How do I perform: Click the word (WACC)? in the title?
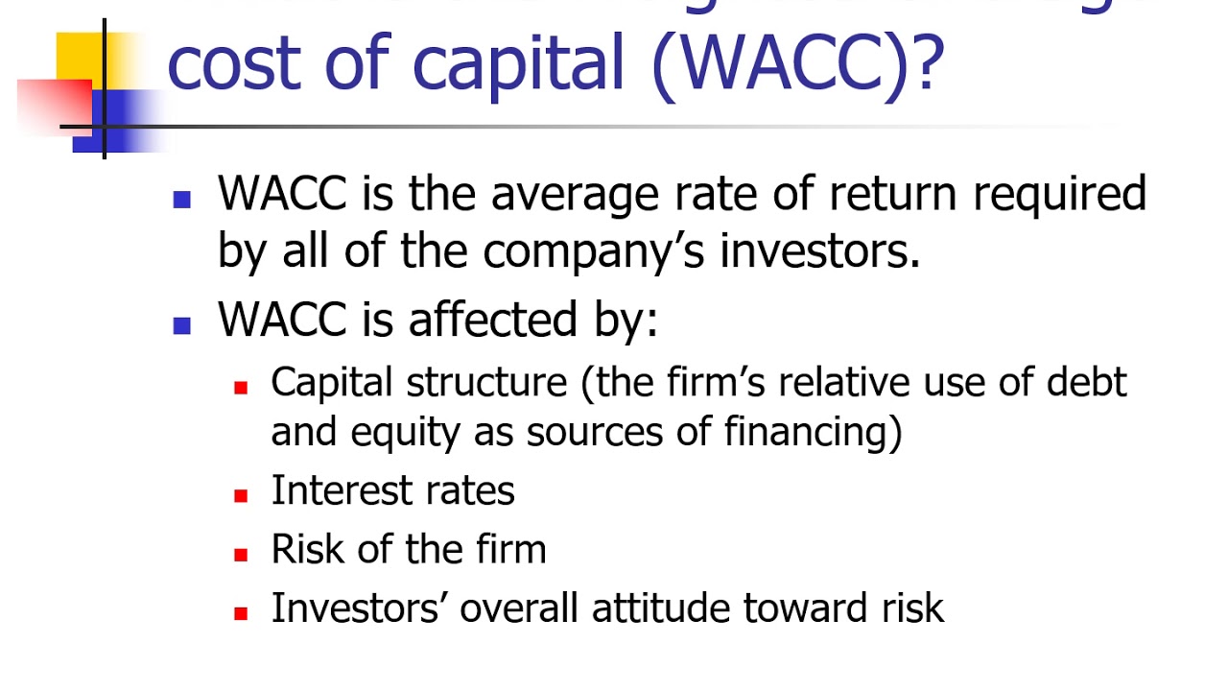click(798, 61)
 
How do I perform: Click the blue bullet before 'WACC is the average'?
click(182, 200)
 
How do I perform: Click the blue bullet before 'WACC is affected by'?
click(182, 324)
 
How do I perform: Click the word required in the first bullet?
click(1059, 196)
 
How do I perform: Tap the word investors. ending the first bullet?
click(820, 251)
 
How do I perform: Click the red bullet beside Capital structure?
click(241, 388)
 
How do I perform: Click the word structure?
click(486, 382)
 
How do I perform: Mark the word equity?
click(406, 434)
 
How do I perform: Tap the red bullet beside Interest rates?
click(241, 495)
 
